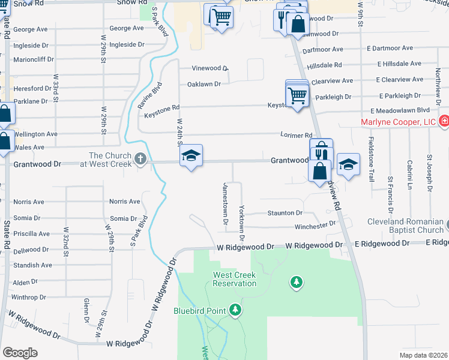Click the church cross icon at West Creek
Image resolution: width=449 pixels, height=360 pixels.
click(x=140, y=160)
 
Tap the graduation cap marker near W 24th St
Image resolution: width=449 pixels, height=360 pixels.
click(x=191, y=156)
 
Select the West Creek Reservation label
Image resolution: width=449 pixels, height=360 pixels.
click(x=234, y=279)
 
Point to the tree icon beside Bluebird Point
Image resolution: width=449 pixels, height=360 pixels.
click(x=236, y=310)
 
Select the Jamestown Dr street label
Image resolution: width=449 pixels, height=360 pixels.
click(x=226, y=203)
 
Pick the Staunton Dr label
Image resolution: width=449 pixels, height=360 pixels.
click(x=285, y=213)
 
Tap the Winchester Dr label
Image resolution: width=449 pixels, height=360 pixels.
click(x=315, y=226)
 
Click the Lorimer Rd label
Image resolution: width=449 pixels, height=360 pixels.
click(x=297, y=136)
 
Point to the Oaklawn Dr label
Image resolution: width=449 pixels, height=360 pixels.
click(x=204, y=84)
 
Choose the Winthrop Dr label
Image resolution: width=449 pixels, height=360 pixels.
click(x=28, y=297)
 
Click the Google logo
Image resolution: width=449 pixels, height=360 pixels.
click(x=20, y=352)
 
